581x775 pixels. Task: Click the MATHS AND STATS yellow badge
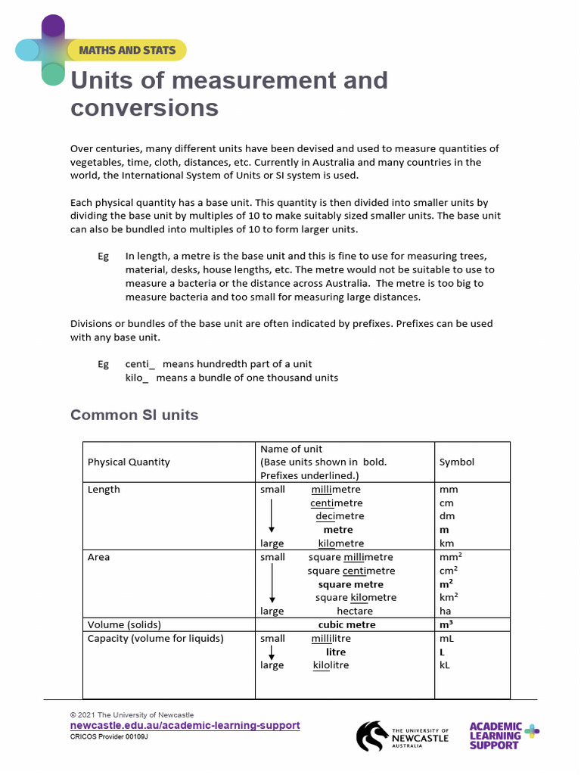(126, 50)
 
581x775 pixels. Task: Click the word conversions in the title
(144, 107)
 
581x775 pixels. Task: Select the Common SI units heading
(134, 415)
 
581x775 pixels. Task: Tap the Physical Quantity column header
(129, 462)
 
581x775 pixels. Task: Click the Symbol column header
(457, 462)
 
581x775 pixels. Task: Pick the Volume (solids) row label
(124, 624)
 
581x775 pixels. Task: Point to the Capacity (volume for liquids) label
(155, 638)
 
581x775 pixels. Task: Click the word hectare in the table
(355, 611)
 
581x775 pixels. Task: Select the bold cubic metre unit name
(346, 624)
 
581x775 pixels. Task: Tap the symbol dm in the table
(447, 516)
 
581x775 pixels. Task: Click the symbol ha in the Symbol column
(446, 611)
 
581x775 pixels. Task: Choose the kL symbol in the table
(445, 665)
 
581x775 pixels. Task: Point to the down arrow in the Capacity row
(272, 652)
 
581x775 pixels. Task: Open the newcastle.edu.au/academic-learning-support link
(185, 725)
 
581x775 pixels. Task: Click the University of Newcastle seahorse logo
(372, 736)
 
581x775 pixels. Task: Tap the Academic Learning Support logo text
(496, 735)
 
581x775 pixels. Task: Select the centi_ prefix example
(140, 364)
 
